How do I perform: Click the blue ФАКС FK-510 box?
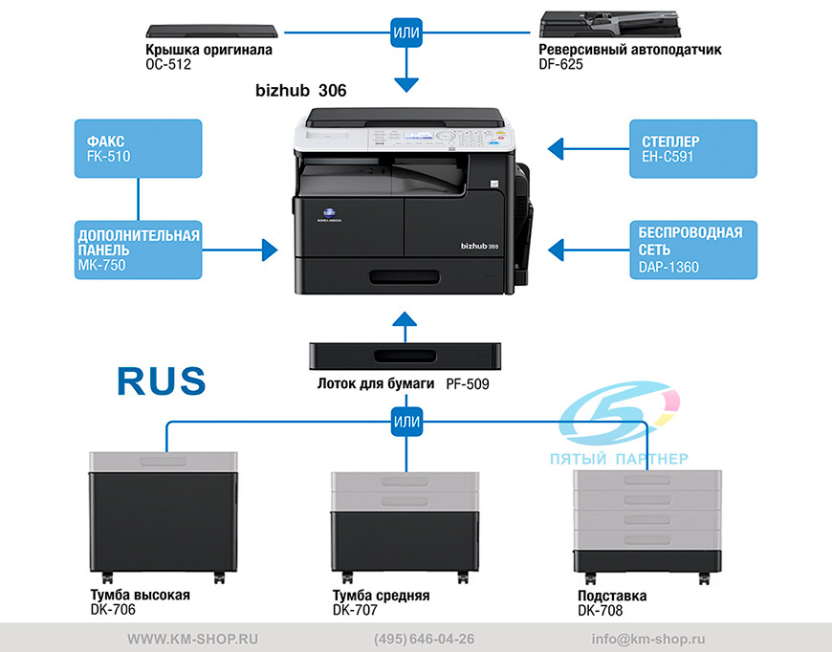[138, 148]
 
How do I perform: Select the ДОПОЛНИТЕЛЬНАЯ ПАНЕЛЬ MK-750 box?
[138, 250]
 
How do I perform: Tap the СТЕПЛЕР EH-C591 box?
[693, 148]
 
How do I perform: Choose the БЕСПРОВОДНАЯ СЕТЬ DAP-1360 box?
[693, 250]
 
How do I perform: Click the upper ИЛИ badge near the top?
[406, 33]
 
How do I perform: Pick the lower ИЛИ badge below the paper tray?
[407, 422]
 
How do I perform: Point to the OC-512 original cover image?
[211, 31]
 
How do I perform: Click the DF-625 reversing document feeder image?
[610, 24]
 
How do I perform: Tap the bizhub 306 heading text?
[301, 91]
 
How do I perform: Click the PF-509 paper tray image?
[405, 357]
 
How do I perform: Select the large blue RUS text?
[162, 380]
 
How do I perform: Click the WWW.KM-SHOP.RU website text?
[192, 640]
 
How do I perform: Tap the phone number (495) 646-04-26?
[424, 640]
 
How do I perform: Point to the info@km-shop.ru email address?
[648, 640]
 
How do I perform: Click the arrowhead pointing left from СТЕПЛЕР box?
[556, 149]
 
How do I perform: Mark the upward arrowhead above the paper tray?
[405, 318]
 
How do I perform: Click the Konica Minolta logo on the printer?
[330, 214]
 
